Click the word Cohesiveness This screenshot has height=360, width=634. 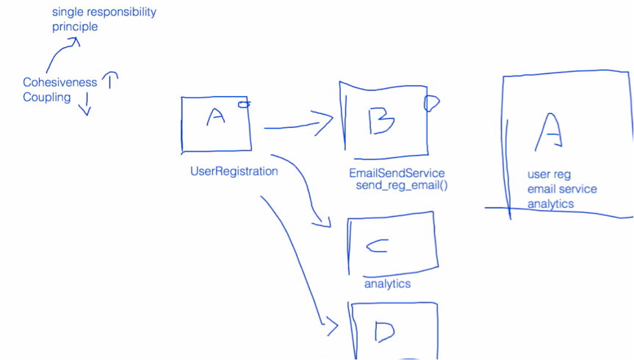click(x=60, y=83)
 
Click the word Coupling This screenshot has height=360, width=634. click(x=47, y=98)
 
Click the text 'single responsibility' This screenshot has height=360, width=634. click(x=104, y=12)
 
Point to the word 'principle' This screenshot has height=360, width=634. click(x=74, y=27)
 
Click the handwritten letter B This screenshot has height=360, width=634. click(x=381, y=119)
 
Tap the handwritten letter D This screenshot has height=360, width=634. click(x=384, y=331)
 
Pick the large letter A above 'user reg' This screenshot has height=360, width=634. click(x=550, y=132)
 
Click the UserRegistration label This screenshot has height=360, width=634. click(x=234, y=172)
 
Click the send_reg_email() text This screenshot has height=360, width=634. click(x=402, y=186)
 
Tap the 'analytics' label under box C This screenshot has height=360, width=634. click(x=387, y=284)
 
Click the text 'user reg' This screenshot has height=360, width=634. click(x=549, y=175)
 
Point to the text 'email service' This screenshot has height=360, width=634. click(x=562, y=190)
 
